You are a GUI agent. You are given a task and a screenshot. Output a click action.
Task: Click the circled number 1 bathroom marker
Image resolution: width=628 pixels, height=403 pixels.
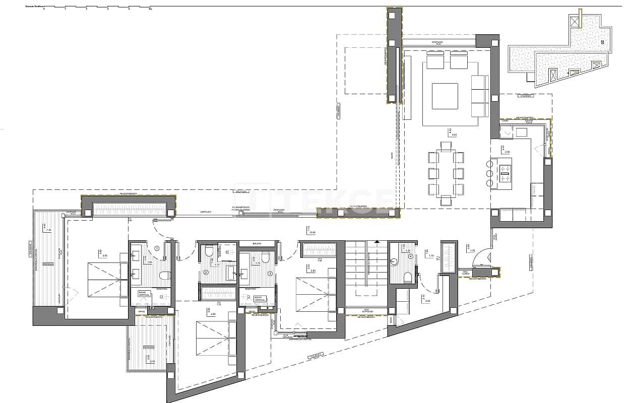pyautogui.click(x=157, y=248)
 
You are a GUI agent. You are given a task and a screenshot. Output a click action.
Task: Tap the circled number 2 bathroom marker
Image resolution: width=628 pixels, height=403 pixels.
pyautogui.click(x=206, y=273)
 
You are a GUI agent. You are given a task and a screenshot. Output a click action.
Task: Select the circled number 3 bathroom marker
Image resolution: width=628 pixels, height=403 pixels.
pyautogui.click(x=270, y=274)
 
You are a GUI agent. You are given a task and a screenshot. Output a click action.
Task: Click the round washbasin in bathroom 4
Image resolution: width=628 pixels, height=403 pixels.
pyautogui.click(x=395, y=261)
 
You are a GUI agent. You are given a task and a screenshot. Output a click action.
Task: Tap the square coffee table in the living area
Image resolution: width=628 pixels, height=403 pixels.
pyautogui.click(x=445, y=96)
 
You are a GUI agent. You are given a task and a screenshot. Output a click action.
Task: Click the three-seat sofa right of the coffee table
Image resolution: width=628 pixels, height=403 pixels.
pyautogui.click(x=480, y=96)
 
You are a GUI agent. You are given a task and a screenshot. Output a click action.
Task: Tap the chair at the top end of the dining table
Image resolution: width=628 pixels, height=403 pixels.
pyautogui.click(x=446, y=146)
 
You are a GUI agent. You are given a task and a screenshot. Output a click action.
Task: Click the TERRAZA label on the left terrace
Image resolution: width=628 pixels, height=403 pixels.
pyautogui.click(x=48, y=264)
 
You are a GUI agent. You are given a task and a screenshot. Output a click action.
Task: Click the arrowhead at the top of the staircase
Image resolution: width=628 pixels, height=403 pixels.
pyautogui.click(x=376, y=241)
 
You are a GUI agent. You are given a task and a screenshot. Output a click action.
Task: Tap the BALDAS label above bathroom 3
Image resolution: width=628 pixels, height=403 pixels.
pyautogui.click(x=257, y=243)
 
